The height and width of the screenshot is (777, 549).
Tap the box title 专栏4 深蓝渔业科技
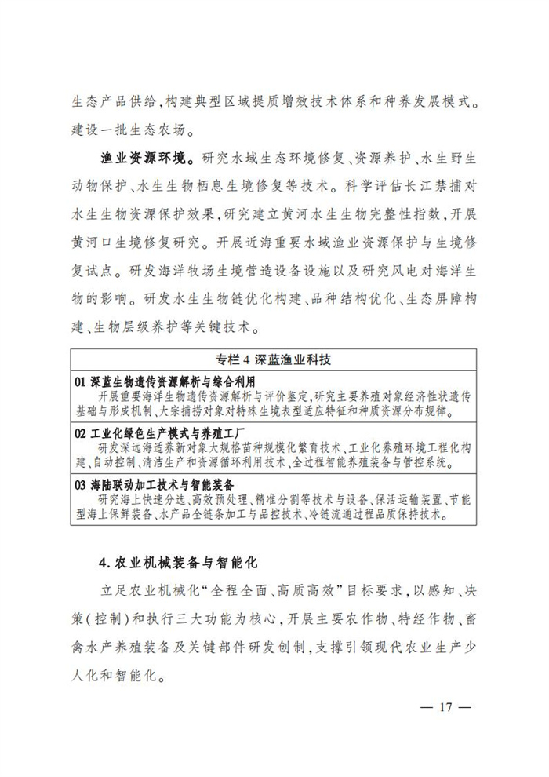coord(274,360)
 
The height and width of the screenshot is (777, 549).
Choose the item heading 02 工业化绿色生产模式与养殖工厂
coord(160,433)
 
